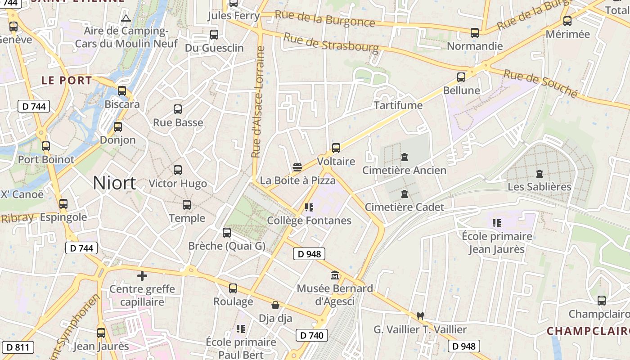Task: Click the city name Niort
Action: [x=114, y=183]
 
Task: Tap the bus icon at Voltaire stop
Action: [x=336, y=148]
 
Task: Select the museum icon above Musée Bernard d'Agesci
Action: [x=335, y=275]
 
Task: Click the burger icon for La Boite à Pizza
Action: [x=297, y=167]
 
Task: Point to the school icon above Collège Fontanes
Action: [x=309, y=207]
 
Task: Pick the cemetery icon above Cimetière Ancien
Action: [x=404, y=157]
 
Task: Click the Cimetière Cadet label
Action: [x=404, y=207]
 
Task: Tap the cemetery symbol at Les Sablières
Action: [x=539, y=173]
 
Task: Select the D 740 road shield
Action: [x=312, y=335]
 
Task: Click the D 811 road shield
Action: [x=18, y=347]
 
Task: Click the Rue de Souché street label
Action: [x=540, y=83]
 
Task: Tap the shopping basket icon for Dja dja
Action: [x=275, y=306]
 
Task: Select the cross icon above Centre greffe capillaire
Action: [x=142, y=275]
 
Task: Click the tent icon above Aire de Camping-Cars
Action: [x=126, y=18]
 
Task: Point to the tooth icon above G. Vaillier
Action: [x=420, y=316]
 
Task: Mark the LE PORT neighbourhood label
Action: [x=67, y=81]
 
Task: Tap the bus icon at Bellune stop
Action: [x=461, y=77]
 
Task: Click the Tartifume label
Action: [x=398, y=105]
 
